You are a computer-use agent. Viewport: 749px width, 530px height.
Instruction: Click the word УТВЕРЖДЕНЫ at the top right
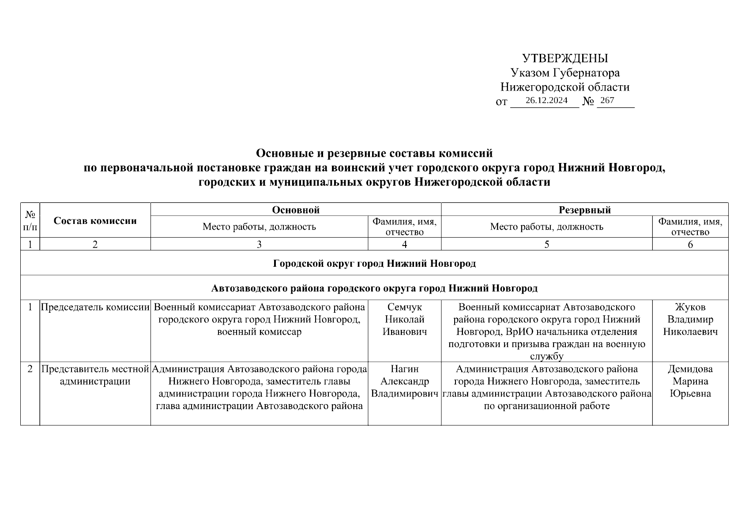[x=565, y=58]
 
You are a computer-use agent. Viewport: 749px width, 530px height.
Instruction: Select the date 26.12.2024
[x=546, y=100]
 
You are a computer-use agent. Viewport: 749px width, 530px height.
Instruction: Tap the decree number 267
[x=607, y=100]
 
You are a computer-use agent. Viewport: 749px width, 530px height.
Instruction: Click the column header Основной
[x=295, y=210]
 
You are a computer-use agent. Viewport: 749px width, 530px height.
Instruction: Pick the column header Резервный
[x=584, y=210]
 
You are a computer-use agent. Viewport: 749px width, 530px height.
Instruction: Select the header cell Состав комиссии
[x=95, y=221]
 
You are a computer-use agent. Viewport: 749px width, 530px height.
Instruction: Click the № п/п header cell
[x=30, y=221]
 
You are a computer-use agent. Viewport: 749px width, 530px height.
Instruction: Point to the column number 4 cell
[x=404, y=244]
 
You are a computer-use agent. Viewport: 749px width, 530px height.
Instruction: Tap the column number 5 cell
[x=546, y=244]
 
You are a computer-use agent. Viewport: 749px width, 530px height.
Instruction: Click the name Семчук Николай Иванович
[x=404, y=319]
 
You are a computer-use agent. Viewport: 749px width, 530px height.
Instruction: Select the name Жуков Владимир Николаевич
[x=690, y=319]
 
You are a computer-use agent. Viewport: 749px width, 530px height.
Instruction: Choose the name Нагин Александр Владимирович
[x=404, y=381]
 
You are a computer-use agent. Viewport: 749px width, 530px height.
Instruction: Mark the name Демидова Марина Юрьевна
[x=690, y=381]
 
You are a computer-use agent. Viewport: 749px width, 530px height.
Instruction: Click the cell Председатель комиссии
[x=95, y=307]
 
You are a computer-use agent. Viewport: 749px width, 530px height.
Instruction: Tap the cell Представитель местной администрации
[x=95, y=375]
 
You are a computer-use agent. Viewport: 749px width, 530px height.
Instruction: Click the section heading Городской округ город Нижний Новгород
[x=374, y=264]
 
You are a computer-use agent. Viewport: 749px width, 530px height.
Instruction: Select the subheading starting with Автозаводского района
[x=374, y=289]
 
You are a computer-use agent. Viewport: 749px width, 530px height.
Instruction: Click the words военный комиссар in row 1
[x=259, y=332]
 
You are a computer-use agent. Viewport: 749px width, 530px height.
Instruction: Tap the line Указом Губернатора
[x=565, y=73]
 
